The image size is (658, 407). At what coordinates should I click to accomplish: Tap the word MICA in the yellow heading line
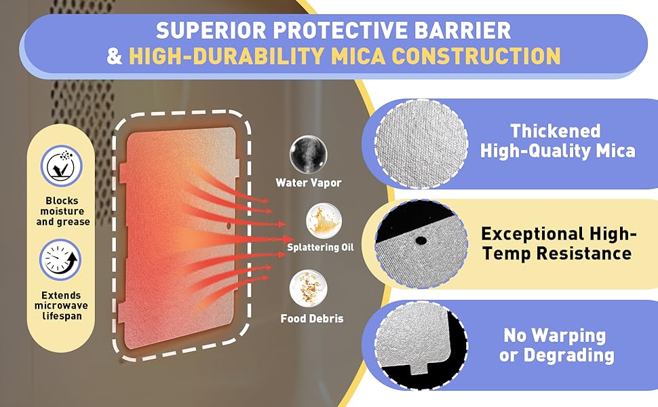click(357, 56)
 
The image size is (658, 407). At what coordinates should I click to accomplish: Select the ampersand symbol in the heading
click(115, 56)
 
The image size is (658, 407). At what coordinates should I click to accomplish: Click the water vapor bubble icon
click(309, 154)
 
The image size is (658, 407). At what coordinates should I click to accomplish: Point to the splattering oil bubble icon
click(324, 220)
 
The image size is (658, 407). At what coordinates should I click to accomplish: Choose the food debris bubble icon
click(309, 289)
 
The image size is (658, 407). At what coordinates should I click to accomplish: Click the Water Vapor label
click(309, 182)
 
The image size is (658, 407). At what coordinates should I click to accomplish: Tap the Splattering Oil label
click(320, 247)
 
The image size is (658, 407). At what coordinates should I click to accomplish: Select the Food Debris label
click(312, 318)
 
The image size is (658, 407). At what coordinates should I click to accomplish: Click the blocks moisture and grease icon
click(62, 166)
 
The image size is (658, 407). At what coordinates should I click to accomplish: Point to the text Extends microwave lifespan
click(61, 305)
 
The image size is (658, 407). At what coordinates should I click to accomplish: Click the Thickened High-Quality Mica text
click(558, 140)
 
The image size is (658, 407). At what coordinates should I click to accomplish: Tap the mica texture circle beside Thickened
click(421, 144)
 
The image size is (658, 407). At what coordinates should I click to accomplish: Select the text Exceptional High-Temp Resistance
click(558, 244)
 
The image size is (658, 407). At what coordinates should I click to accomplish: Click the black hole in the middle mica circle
click(421, 240)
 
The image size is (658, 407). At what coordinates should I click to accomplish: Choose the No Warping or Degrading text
click(556, 345)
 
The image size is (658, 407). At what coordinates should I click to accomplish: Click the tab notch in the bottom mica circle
click(420, 369)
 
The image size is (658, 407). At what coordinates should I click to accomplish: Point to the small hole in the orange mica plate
click(229, 226)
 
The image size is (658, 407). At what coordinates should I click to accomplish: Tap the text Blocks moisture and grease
click(63, 211)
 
